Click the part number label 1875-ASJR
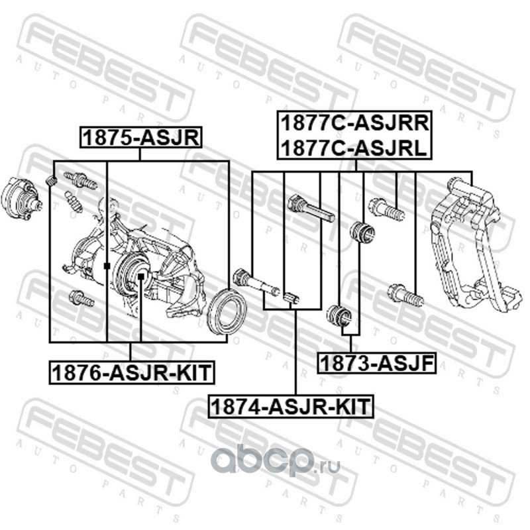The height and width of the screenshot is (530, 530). [x=140, y=137]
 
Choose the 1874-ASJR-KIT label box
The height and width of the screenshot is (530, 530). [x=291, y=405]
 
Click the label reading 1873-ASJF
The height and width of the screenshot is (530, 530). [x=375, y=362]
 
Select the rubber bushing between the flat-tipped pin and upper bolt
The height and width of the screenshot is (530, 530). [x=363, y=233]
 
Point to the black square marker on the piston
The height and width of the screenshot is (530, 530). [x=140, y=274]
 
